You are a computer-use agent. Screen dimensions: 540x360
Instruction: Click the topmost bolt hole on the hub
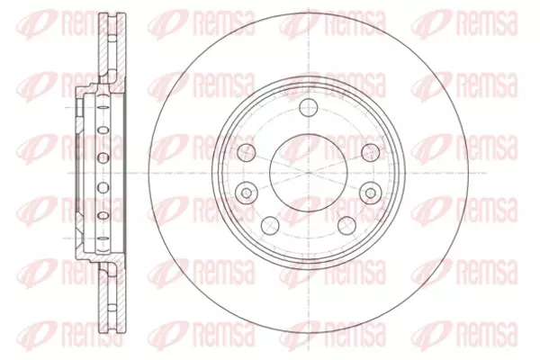pos(308,107)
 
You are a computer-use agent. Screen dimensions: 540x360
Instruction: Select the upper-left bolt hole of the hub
pos(247,152)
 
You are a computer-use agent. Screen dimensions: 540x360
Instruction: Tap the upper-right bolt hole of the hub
pos(371,152)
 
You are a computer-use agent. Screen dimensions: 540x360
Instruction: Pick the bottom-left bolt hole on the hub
pos(270,225)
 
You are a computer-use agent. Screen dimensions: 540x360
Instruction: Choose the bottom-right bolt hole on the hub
pos(346,225)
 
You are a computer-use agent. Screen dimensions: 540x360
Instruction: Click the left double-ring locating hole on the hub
pos(247,193)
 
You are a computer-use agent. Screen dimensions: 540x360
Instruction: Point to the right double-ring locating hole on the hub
pos(371,193)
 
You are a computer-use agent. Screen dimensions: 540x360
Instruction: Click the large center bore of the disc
pos(308,172)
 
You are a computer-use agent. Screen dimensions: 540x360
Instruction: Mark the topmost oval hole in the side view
pos(103,107)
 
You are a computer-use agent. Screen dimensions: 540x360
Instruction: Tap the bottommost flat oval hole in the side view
pos(103,238)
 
